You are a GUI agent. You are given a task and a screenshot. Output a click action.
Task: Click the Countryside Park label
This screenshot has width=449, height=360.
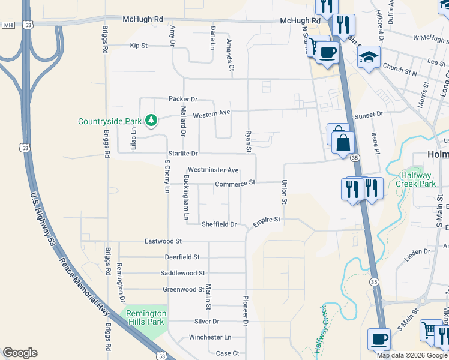(x=109, y=121)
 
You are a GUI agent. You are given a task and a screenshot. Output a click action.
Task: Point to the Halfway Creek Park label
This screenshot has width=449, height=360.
(x=419, y=179)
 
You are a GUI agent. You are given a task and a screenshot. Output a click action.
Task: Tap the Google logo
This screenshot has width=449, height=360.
(x=20, y=353)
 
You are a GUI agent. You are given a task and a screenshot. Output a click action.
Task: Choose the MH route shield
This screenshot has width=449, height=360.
(x=8, y=25)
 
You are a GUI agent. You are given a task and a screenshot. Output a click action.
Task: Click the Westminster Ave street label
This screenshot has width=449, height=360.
(x=213, y=170)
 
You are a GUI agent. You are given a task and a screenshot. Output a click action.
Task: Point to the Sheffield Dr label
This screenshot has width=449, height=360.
(x=219, y=224)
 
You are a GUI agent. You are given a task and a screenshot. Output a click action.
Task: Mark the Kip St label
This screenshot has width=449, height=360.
(x=139, y=46)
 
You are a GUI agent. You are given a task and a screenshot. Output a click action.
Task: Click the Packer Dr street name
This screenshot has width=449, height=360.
(x=183, y=99)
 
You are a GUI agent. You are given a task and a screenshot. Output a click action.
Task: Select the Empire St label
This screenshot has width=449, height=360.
(x=267, y=220)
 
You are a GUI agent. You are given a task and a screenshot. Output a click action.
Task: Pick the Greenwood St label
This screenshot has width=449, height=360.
(x=184, y=289)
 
